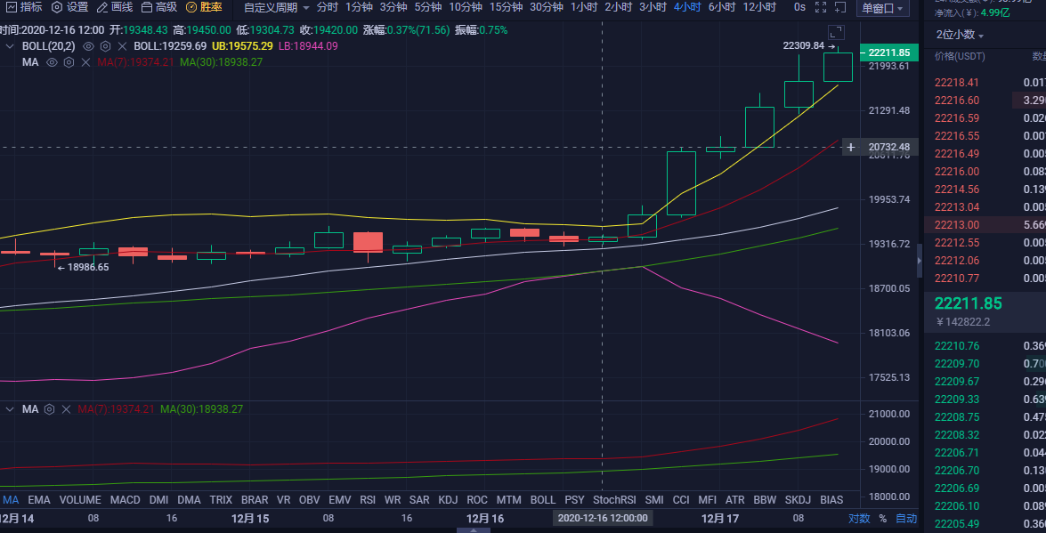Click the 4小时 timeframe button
(x=686, y=7)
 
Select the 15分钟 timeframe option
(x=506, y=7)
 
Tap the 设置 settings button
(x=70, y=7)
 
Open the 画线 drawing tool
(x=115, y=7)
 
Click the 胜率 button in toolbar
(x=204, y=7)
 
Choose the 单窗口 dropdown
(x=882, y=8)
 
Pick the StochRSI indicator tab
(x=614, y=500)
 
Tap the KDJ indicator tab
(x=448, y=500)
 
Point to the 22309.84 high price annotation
(x=803, y=45)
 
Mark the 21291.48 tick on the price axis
(x=889, y=110)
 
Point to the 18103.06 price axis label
(x=889, y=333)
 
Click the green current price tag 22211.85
(x=889, y=52)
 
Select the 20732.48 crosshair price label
(x=889, y=147)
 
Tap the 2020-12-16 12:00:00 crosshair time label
(x=604, y=517)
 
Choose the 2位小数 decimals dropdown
(x=960, y=35)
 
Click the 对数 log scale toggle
(x=858, y=518)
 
